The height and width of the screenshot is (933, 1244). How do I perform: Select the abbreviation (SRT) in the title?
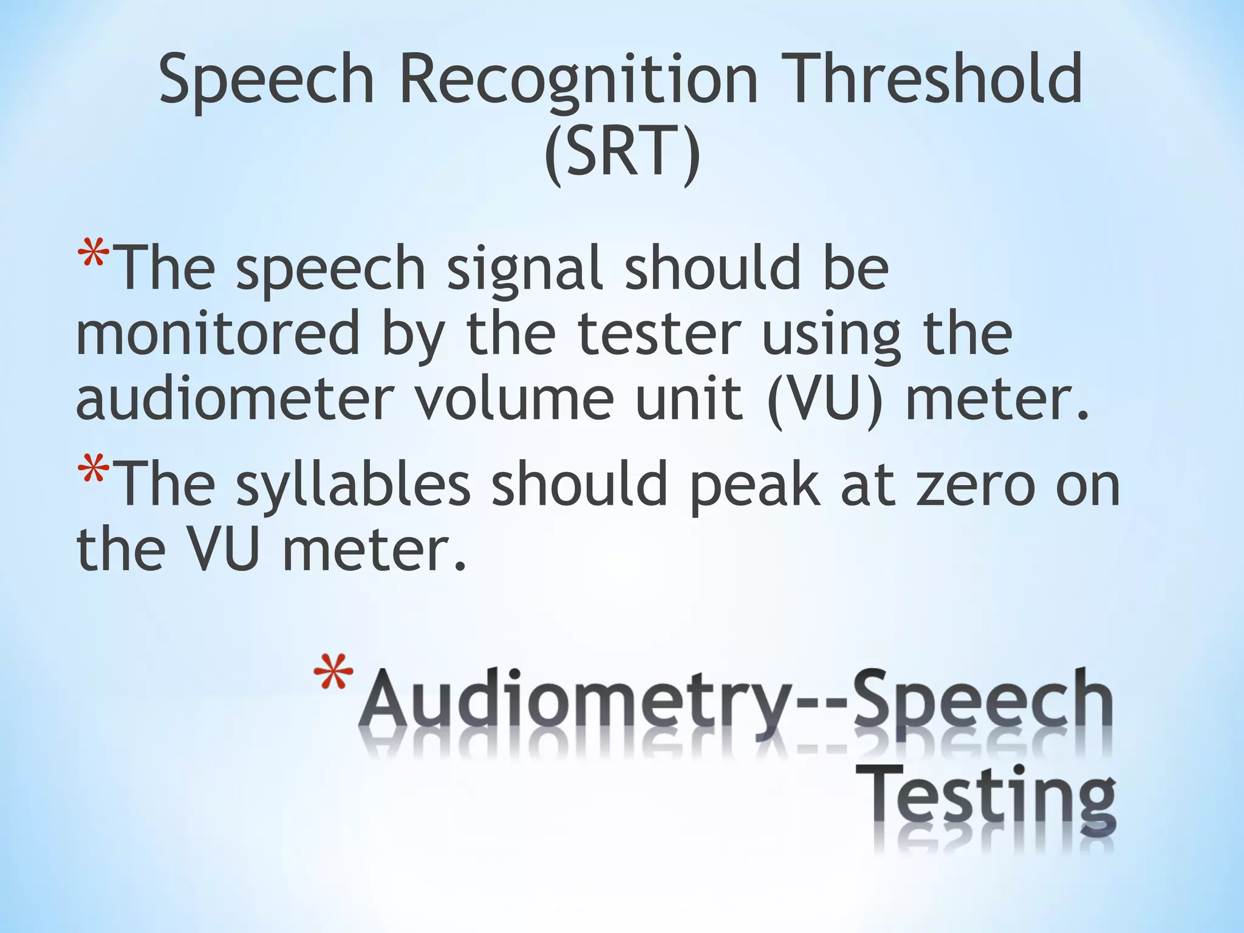[622, 152]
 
